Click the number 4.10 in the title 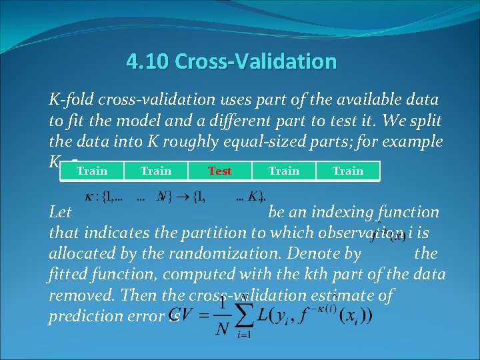pos(147,62)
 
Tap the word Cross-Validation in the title pos(255,62)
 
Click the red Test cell pos(219,171)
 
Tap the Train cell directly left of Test pos(156,171)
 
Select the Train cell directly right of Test pos(283,171)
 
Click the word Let pos(61,213)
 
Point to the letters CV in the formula pos(184,315)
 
